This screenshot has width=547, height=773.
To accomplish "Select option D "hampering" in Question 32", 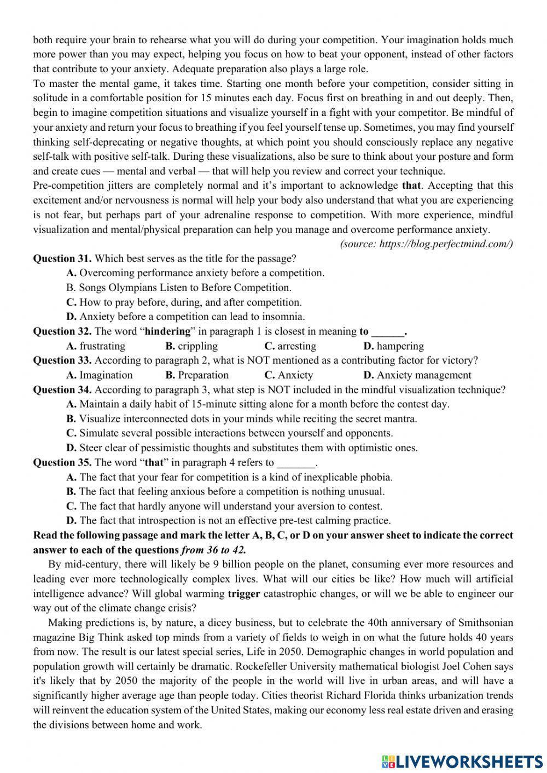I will click(x=393, y=346).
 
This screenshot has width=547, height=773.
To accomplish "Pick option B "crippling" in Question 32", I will click(x=191, y=346).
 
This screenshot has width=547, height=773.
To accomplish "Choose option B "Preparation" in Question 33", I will click(x=197, y=375).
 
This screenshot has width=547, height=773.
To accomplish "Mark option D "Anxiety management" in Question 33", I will click(x=417, y=375).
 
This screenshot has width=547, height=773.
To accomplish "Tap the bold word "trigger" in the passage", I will click(x=244, y=594).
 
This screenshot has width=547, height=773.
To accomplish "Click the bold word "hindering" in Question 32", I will click(x=168, y=331).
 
